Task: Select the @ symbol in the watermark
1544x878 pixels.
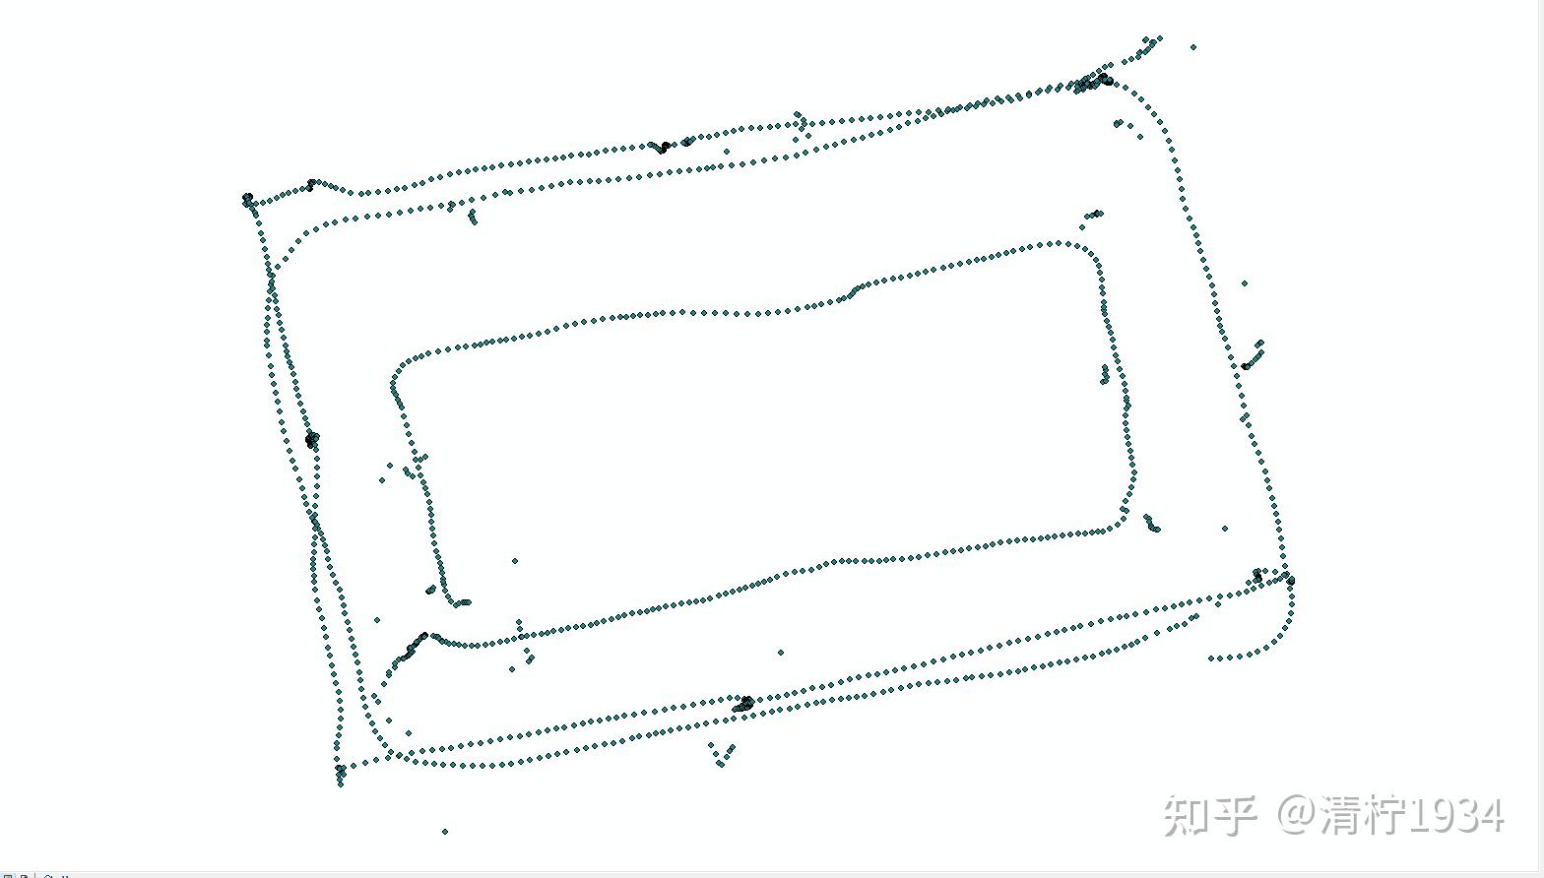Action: [1299, 816]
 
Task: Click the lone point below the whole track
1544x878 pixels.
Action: [445, 832]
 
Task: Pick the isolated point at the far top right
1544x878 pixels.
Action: [1193, 46]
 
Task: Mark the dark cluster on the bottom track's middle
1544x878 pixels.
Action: [744, 704]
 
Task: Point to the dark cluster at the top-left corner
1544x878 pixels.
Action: [248, 200]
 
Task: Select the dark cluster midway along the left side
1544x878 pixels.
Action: [312, 440]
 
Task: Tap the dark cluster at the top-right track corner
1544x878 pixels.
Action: [1095, 82]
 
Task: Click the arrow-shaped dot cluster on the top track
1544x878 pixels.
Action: [801, 123]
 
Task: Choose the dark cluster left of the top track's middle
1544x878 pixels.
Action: [663, 148]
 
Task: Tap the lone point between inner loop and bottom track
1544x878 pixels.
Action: [781, 653]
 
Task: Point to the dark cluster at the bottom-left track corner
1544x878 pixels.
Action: [341, 771]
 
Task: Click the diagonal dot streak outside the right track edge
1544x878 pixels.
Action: [1254, 354]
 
